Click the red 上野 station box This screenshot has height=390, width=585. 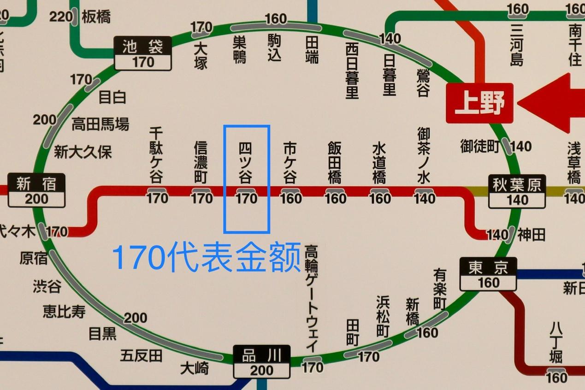click(479, 103)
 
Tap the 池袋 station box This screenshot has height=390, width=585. click(143, 53)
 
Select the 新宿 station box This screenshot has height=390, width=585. click(36, 190)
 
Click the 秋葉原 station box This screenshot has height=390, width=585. click(517, 191)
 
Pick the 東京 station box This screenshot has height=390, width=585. click(488, 274)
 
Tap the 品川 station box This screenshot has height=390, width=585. click(261, 362)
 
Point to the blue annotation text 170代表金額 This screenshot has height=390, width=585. click(207, 257)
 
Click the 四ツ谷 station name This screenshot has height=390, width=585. click(246, 163)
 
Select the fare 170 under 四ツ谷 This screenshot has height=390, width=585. click(246, 199)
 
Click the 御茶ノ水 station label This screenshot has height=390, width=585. click(424, 155)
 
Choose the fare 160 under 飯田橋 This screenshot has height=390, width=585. click(335, 199)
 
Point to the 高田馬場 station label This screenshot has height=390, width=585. click(100, 124)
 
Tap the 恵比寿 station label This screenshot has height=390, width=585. click(65, 312)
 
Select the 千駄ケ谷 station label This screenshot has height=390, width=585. click(156, 155)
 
